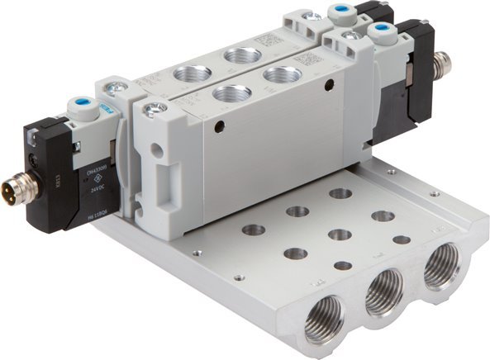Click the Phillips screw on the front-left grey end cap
150,108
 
